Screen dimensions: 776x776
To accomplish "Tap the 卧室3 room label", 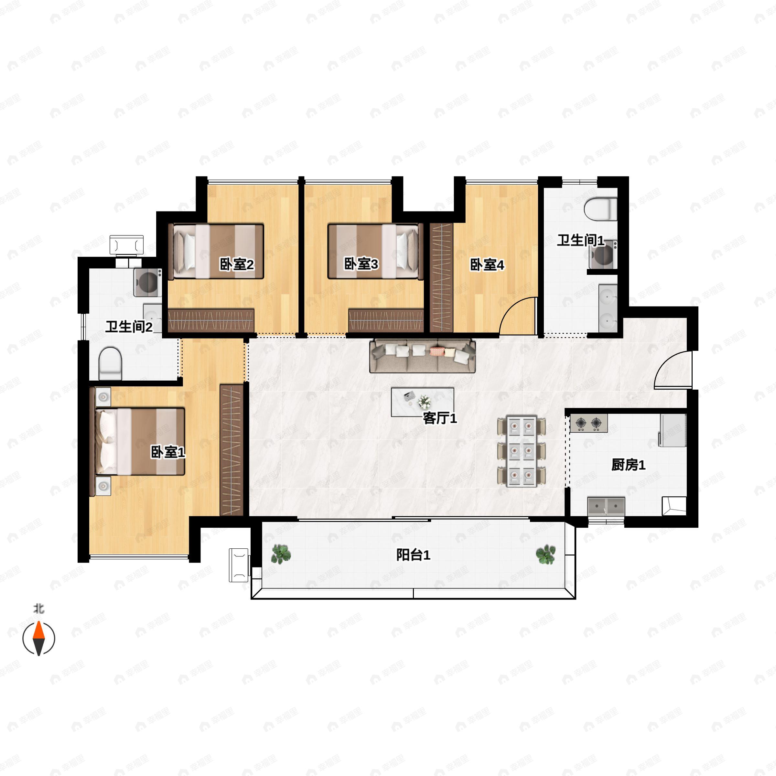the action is point(361,264).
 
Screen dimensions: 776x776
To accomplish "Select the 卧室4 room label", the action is point(487,265).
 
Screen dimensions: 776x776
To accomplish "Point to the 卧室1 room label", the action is point(168,452).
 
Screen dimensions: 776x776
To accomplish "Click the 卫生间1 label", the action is point(580,240).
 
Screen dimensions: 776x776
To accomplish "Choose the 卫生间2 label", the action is point(129,327).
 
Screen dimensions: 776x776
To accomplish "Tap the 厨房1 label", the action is point(628,465).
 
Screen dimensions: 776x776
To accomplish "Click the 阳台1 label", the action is point(413,555).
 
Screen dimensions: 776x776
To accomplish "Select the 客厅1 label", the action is point(440,418).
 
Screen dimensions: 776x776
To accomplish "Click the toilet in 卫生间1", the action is point(600,209).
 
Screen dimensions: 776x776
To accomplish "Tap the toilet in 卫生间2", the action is point(110,363).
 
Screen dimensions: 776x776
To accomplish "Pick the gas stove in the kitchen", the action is point(588,423).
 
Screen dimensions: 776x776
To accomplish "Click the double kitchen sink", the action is point(607,506).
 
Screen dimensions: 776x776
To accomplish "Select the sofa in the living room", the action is point(422,356).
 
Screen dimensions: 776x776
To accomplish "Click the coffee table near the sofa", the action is point(423,402).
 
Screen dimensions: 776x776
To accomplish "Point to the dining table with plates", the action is point(521,451).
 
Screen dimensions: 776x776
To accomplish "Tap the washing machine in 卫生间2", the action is point(148,282).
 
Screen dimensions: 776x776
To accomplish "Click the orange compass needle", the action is point(38,630).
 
